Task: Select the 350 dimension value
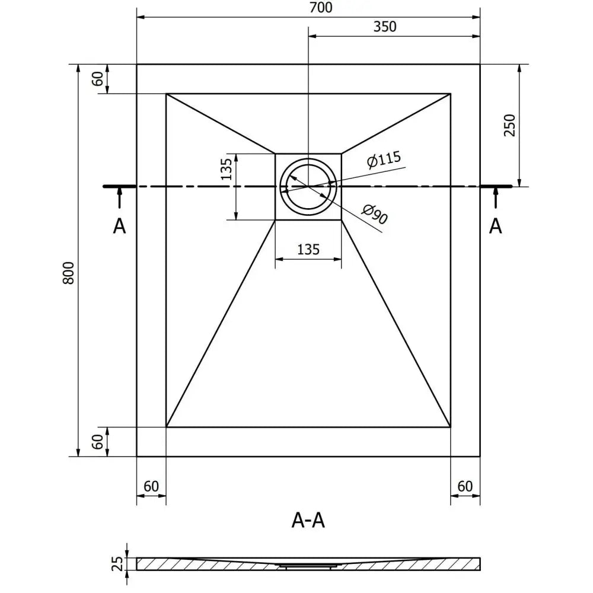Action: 385,27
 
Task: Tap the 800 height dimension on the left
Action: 69,272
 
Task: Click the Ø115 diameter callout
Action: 384,160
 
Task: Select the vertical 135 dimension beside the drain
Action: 226,170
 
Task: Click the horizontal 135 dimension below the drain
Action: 308,250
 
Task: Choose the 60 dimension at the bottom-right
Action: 465,486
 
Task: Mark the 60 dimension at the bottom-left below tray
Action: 151,486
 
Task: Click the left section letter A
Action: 120,226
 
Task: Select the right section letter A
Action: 496,226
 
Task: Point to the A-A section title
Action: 308,520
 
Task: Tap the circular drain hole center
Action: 308,186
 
